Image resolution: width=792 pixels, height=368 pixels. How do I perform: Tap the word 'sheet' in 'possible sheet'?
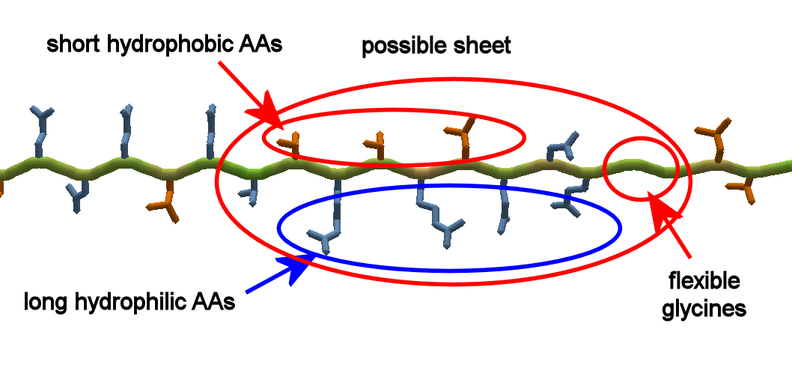tap(482, 46)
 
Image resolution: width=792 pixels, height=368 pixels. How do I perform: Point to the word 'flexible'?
tap(704, 281)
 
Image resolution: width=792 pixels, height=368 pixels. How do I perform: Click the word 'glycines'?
tap(704, 307)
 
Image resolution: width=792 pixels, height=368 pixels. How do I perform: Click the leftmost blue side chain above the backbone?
tap(42, 120)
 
